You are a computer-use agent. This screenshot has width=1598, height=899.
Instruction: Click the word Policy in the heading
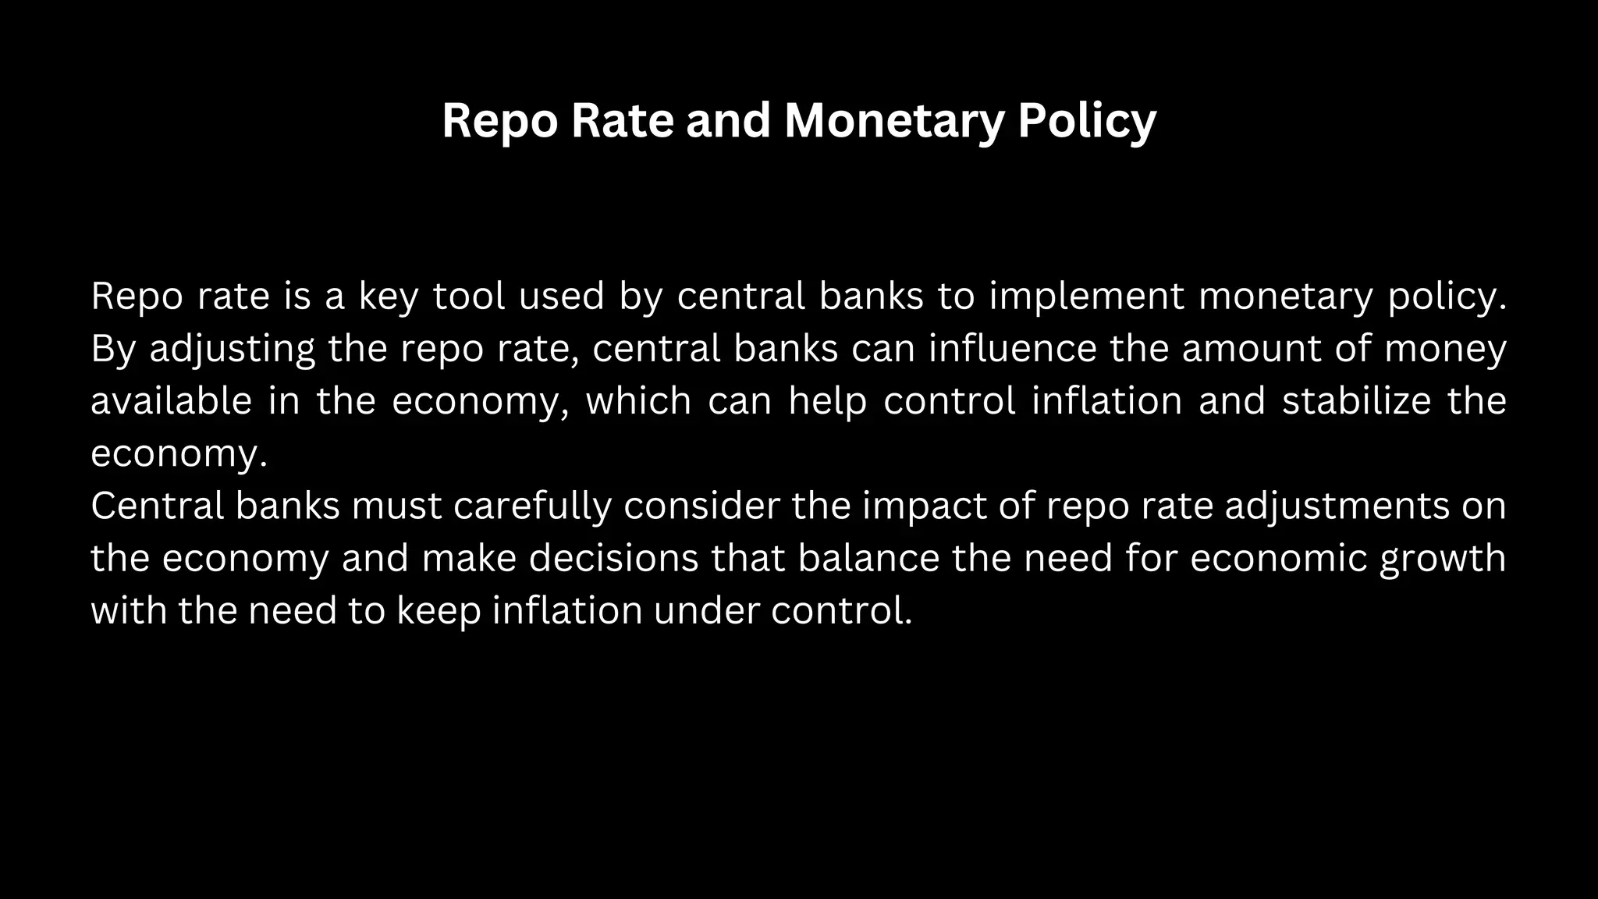tap(1086, 121)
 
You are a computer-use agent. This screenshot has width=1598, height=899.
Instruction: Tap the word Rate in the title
tap(622, 121)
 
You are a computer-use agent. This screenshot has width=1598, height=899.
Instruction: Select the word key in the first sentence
tap(388, 297)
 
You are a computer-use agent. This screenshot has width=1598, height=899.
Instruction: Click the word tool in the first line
tap(469, 297)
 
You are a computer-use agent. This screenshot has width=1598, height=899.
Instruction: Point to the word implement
tap(1087, 297)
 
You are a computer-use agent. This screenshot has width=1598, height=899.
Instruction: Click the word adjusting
tap(233, 349)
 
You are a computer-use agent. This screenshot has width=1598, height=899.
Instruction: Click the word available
tap(171, 401)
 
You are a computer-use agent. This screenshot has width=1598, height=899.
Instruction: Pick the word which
tap(638, 401)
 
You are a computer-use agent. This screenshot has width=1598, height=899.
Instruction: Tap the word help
tap(827, 401)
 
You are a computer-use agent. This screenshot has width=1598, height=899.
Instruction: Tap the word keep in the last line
tap(439, 610)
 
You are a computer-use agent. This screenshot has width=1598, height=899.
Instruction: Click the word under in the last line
tap(706, 610)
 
